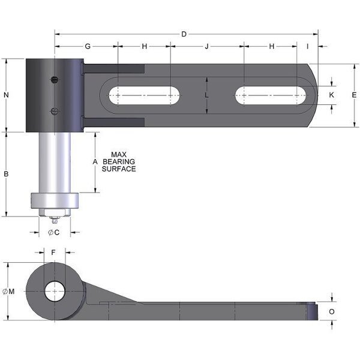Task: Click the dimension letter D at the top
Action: pos(184,34)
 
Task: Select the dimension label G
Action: pos(87,46)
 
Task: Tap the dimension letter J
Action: pos(207,46)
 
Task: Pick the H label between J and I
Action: pos(271,46)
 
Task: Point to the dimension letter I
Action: pos(307,46)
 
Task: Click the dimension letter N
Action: pos(6,95)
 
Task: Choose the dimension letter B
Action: pos(6,174)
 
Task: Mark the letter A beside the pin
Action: pos(95,162)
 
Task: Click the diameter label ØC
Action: pos(53,232)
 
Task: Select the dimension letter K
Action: pos(332,95)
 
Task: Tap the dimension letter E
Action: pos(354,95)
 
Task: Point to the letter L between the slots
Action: pos(206,95)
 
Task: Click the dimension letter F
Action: pos(53,253)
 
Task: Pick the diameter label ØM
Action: pos(9,291)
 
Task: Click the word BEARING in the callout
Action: pos(119,161)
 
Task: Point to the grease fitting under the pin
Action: pos(53,216)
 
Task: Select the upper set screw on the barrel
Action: pos(55,79)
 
